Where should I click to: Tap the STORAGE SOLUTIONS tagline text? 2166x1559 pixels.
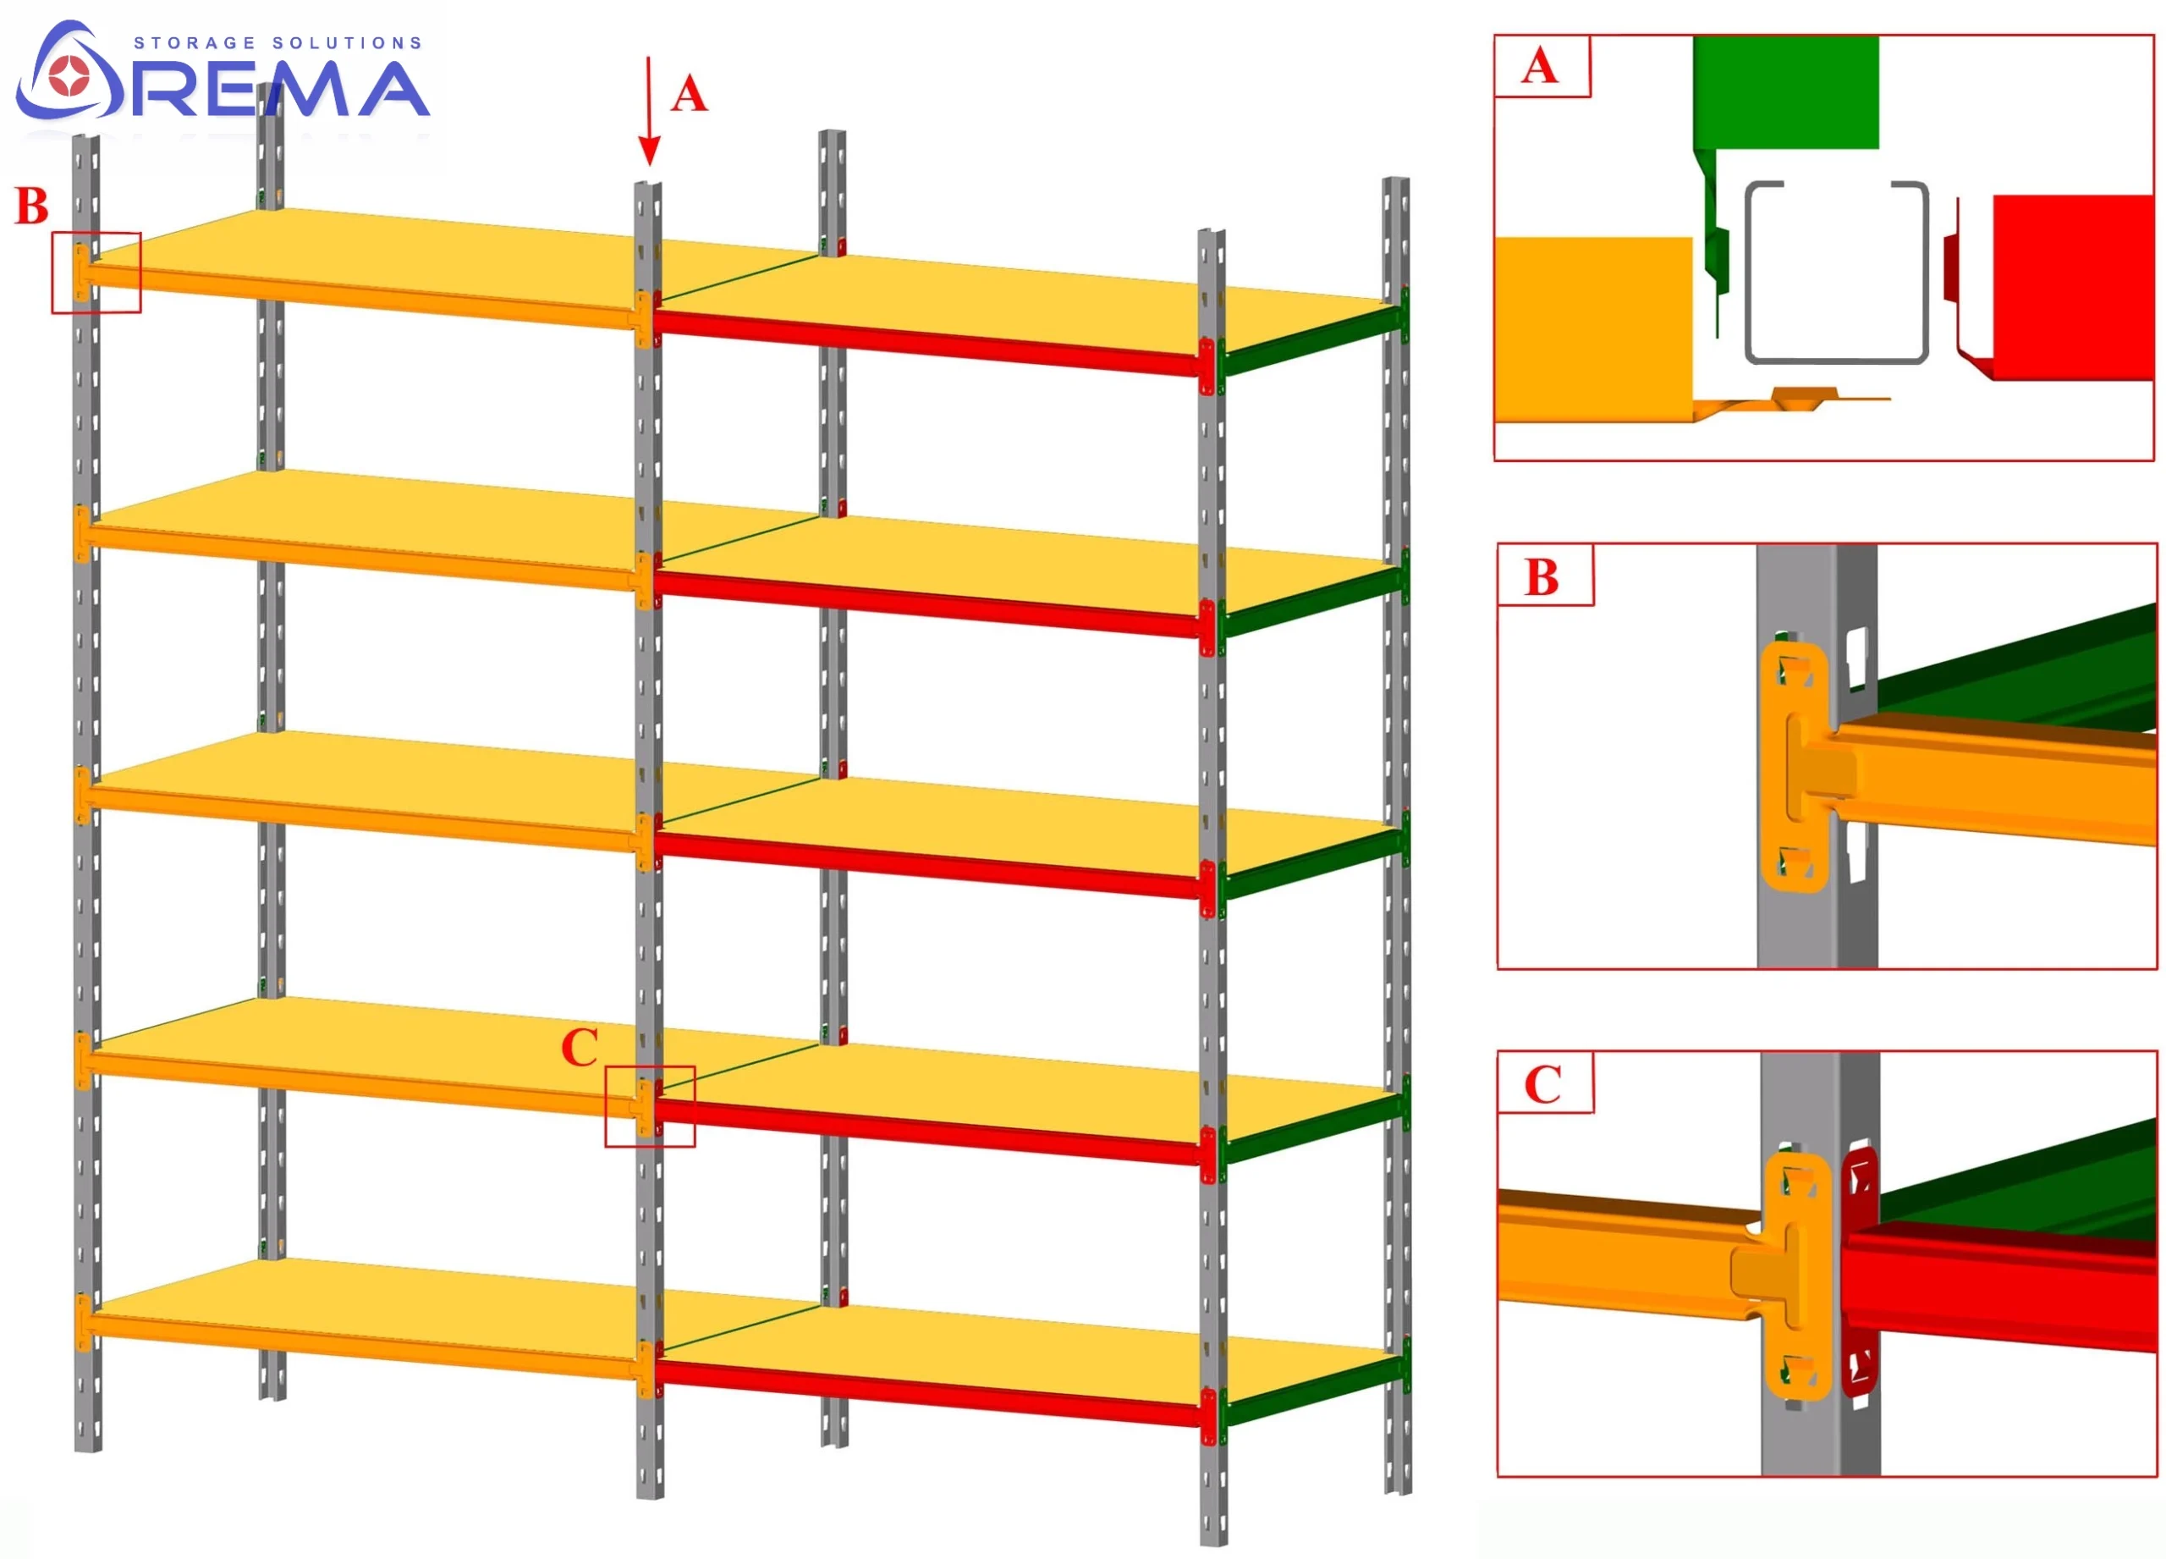click(277, 43)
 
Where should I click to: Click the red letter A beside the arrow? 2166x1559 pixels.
click(689, 95)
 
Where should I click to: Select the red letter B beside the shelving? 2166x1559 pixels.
click(31, 207)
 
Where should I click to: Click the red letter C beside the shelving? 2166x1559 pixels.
click(580, 1048)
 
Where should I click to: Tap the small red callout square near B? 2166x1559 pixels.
click(96, 273)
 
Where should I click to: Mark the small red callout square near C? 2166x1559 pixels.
click(650, 1106)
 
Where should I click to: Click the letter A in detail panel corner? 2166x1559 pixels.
click(1540, 67)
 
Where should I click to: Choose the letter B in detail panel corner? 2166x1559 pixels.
click(1542, 577)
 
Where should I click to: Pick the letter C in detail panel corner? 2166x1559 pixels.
click(1542, 1085)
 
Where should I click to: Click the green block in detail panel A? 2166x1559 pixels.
click(1786, 91)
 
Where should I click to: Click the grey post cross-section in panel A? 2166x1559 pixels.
click(1835, 273)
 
